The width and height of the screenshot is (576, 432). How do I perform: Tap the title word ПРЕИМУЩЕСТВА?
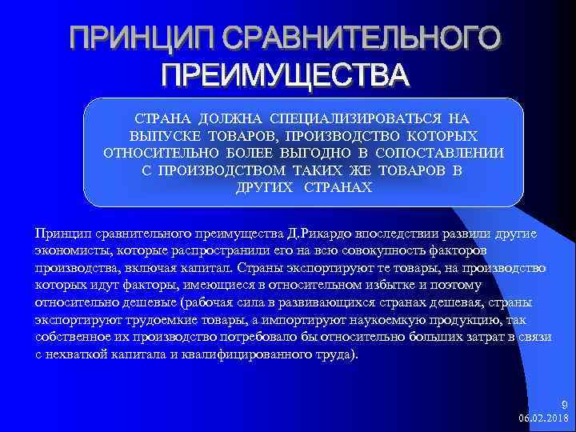click(x=285, y=76)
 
